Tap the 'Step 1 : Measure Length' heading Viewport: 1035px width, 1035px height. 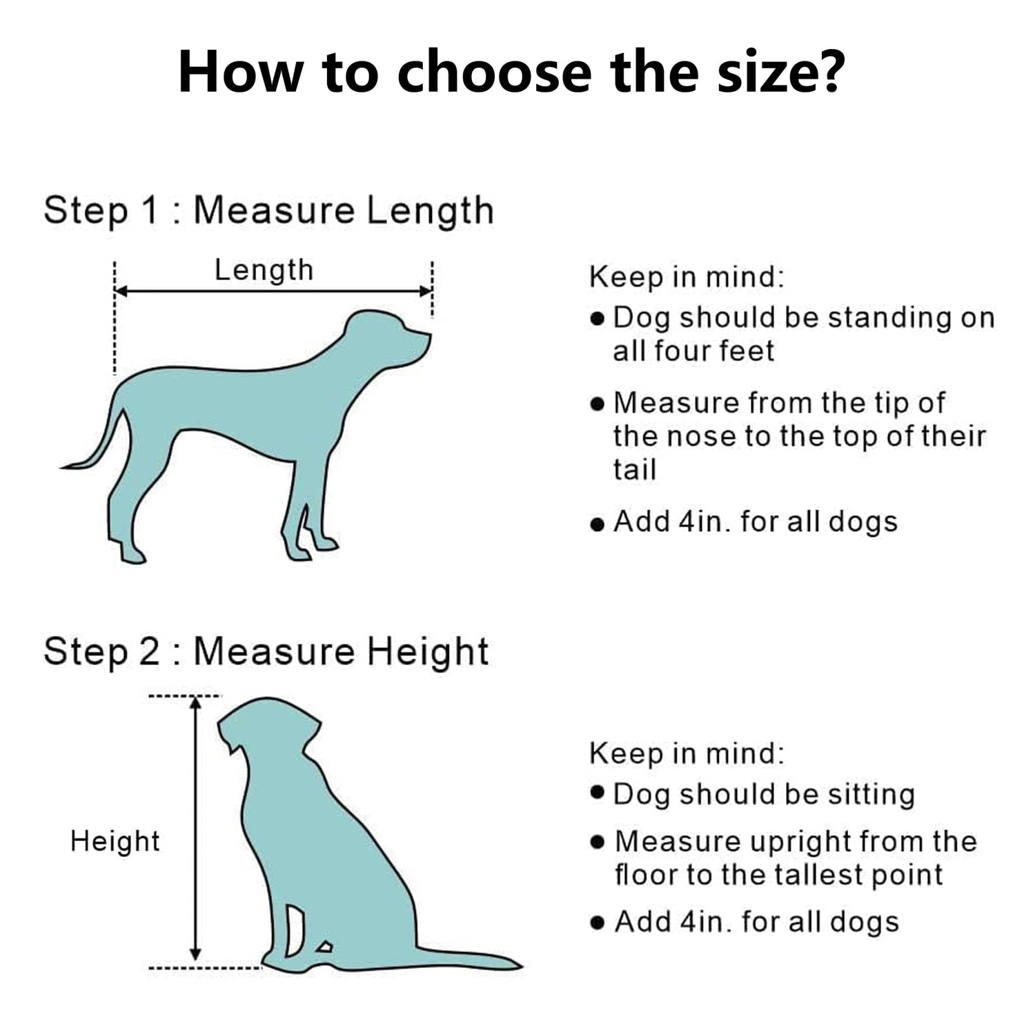[268, 211]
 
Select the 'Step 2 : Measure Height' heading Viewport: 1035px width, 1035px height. [266, 652]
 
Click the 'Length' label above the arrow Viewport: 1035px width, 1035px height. [264, 270]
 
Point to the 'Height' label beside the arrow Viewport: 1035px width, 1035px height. [115, 841]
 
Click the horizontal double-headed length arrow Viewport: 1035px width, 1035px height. [273, 291]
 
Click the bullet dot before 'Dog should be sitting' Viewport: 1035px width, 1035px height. [598, 791]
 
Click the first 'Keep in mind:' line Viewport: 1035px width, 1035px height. [687, 277]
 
